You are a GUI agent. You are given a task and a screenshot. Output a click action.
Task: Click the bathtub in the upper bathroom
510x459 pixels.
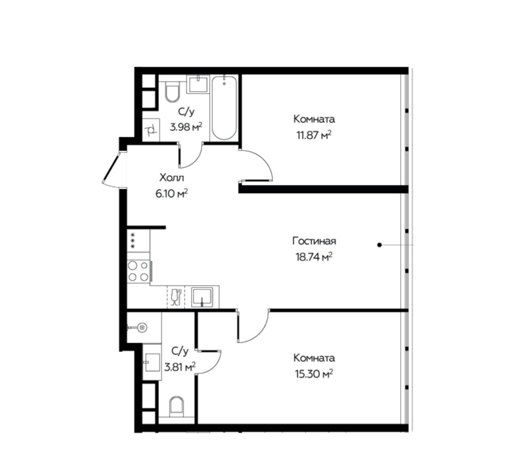click(x=224, y=108)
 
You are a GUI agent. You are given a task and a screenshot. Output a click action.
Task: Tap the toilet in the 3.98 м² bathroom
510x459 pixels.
click(x=173, y=92)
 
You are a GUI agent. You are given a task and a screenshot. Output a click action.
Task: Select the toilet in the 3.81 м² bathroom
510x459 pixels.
click(x=177, y=406)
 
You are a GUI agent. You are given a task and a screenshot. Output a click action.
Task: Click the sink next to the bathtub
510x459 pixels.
click(x=198, y=84)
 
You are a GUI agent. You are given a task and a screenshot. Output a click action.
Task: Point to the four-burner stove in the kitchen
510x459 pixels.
click(x=138, y=271)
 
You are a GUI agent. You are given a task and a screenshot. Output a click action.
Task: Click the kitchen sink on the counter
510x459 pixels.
click(x=202, y=297)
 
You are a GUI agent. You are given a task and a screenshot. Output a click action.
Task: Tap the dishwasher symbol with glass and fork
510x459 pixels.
click(x=176, y=296)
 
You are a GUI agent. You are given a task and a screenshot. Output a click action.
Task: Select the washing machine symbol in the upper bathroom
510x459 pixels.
click(x=151, y=130)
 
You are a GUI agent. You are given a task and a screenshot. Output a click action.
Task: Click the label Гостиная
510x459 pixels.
click(x=314, y=241)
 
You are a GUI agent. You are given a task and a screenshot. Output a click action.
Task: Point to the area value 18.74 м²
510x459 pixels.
click(x=314, y=257)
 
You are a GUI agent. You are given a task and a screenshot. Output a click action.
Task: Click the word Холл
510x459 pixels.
click(x=172, y=178)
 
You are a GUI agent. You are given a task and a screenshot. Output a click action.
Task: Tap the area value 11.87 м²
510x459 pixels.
click(x=314, y=135)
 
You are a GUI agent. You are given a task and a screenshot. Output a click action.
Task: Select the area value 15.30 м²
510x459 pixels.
click(x=314, y=374)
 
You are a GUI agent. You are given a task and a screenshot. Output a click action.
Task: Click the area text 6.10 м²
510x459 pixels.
click(x=172, y=193)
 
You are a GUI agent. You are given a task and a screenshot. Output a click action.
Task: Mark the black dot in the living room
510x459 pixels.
click(x=379, y=245)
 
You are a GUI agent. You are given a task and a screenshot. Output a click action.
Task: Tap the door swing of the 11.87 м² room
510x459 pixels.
click(x=256, y=165)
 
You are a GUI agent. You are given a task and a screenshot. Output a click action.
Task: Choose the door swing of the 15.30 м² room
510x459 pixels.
click(x=253, y=326)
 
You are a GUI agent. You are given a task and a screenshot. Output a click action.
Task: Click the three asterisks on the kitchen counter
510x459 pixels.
click(x=133, y=241)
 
